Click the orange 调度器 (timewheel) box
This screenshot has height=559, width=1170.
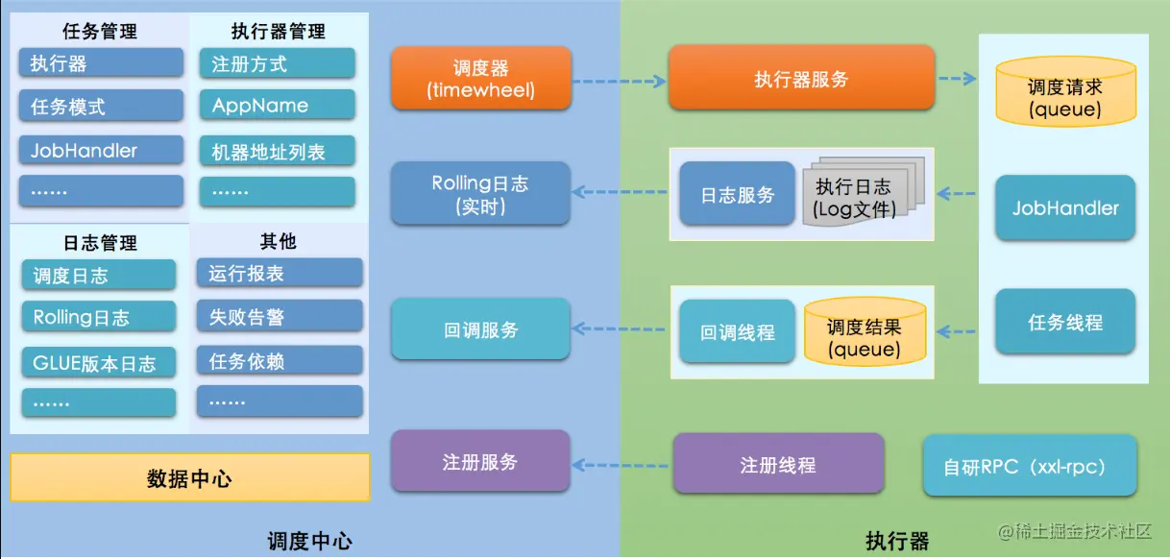[480, 79]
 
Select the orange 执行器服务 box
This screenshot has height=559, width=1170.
[801, 79]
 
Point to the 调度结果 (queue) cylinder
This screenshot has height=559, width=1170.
[865, 333]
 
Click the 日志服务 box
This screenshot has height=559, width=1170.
[737, 194]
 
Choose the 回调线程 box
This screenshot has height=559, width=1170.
[737, 332]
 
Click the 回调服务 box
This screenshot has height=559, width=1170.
[480, 330]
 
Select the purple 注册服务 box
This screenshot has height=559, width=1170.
[480, 462]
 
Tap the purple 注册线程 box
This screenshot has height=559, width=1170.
[777, 465]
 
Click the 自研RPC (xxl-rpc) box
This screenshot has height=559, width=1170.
[1030, 466]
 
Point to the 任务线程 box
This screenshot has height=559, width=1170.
[1065, 323]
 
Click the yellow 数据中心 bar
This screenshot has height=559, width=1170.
[189, 477]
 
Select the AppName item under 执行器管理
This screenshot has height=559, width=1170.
[278, 106]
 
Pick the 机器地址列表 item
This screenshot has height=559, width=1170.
[278, 151]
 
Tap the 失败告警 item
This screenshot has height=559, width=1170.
[279, 316]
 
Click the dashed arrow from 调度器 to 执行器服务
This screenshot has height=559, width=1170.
[620, 81]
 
